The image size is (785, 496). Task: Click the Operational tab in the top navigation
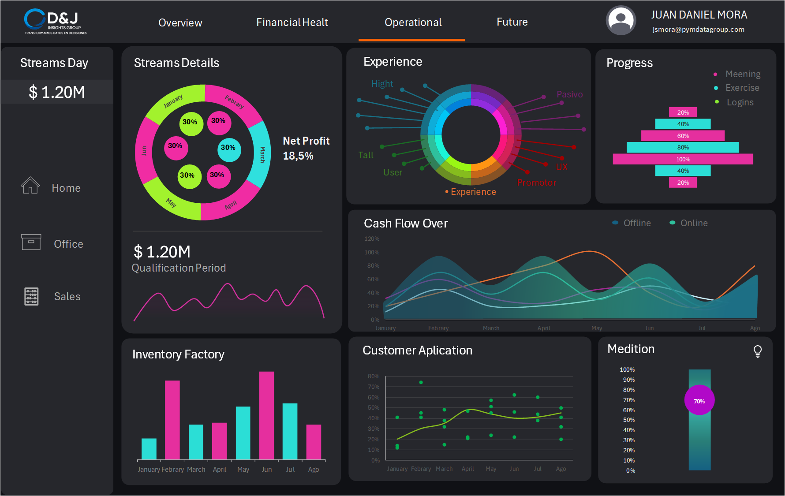click(x=413, y=22)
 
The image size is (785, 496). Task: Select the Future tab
click(x=512, y=22)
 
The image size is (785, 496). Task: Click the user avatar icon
click(x=621, y=21)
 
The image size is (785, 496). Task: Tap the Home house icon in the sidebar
click(x=30, y=186)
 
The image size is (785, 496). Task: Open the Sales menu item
click(x=67, y=296)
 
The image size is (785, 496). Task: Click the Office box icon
click(x=31, y=242)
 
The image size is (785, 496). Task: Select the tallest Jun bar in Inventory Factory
click(x=266, y=415)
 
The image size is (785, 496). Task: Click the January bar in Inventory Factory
click(x=149, y=449)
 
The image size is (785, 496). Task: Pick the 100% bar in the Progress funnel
click(x=683, y=159)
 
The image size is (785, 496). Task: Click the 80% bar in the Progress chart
click(x=683, y=147)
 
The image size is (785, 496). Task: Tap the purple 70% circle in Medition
click(x=699, y=400)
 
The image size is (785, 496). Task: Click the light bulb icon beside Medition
click(x=757, y=351)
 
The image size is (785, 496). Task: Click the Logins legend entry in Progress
click(x=740, y=102)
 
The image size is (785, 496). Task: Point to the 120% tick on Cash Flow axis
click(x=372, y=239)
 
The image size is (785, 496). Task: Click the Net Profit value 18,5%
click(x=298, y=156)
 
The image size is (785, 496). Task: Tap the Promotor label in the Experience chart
click(x=536, y=183)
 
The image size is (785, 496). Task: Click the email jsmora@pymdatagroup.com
click(x=698, y=30)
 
